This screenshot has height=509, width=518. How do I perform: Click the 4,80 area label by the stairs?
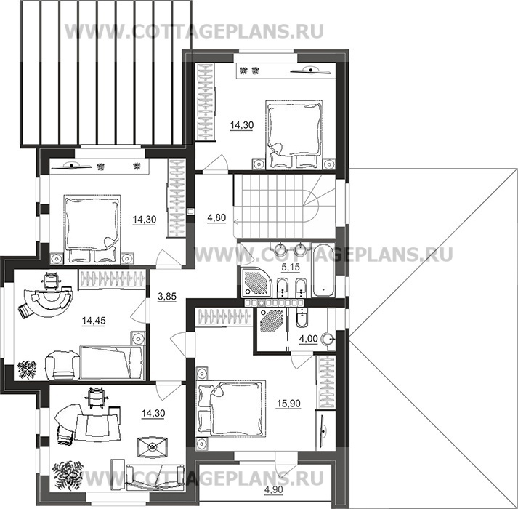pos(216,217)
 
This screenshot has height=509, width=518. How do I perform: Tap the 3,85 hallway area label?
pos(167,297)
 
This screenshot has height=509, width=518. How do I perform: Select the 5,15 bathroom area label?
pos(291,268)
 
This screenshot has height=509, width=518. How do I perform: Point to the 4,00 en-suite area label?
pos(308,339)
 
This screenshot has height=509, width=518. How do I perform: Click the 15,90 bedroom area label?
pos(288,404)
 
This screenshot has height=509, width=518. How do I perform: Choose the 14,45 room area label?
pos(94,321)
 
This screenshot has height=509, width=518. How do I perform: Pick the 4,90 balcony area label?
pos(274,489)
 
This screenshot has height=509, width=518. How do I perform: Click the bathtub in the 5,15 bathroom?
pos(323,270)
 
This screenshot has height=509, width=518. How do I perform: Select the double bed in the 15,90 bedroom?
pos(231,408)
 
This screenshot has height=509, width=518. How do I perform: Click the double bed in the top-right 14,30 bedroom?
pos(294,134)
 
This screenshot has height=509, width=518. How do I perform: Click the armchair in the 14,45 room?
pos(62,365)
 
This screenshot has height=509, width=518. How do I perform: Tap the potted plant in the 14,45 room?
pos(26,369)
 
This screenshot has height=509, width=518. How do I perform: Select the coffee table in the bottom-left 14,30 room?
pos(153,447)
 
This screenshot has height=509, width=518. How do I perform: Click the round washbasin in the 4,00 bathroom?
pos(328,339)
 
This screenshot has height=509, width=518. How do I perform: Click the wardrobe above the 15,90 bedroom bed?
pos(224,316)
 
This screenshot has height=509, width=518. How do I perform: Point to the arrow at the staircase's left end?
pos(236,220)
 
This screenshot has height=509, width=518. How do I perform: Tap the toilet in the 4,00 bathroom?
pos(302,317)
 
